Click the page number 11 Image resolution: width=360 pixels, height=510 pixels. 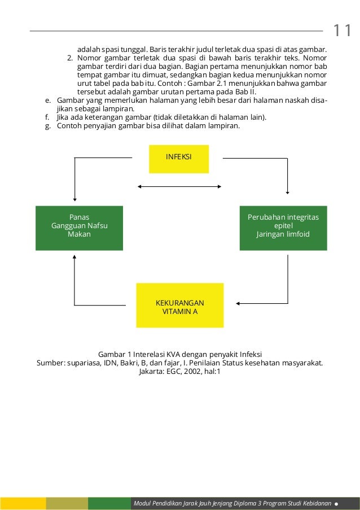342,30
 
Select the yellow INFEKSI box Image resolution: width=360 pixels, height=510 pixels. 179,159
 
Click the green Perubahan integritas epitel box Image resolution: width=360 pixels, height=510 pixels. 283,228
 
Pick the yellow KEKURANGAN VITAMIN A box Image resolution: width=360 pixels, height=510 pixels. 180,305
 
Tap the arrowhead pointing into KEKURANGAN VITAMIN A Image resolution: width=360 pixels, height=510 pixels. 239,303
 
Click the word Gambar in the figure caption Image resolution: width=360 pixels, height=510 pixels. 111,354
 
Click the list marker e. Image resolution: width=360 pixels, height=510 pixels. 47,100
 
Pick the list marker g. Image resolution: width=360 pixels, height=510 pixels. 47,125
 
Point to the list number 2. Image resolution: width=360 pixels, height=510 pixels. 69,58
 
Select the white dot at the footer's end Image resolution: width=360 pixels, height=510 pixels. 336,503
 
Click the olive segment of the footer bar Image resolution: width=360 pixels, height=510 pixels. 67,503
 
